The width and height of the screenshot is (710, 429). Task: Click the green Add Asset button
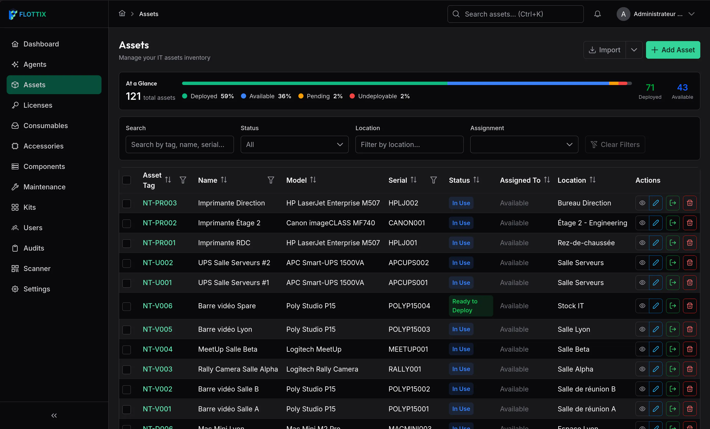click(673, 50)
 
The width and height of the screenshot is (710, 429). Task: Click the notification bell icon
click(597, 14)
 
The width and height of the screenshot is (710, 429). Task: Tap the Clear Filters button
click(615, 144)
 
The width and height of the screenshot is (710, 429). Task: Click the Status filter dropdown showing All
click(295, 144)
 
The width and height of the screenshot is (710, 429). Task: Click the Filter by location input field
click(409, 144)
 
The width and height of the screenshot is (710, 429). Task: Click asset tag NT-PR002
click(160, 223)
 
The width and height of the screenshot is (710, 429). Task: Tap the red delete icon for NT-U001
click(690, 283)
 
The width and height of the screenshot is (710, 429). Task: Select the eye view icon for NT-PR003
click(642, 203)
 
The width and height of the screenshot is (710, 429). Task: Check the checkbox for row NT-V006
click(126, 306)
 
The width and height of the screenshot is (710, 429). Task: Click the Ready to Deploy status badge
click(471, 306)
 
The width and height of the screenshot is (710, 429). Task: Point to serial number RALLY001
click(404, 369)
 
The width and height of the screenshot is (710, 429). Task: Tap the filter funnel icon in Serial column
click(433, 180)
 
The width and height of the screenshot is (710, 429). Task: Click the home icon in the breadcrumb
click(122, 14)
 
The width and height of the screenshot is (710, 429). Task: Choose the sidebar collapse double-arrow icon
click(54, 415)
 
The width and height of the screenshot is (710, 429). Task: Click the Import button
click(604, 50)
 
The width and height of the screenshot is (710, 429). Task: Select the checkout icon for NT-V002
click(673, 389)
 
